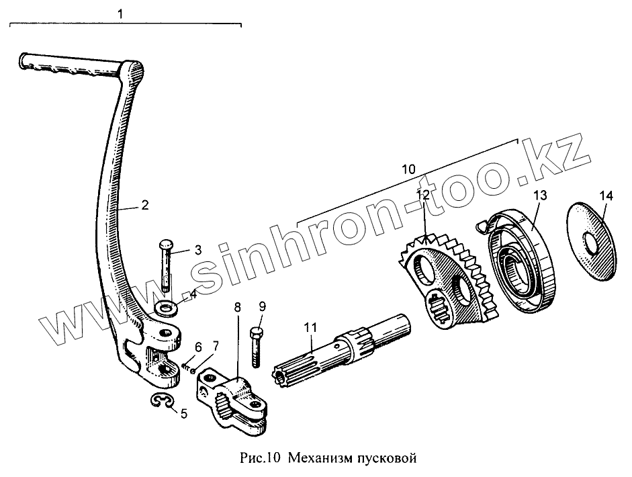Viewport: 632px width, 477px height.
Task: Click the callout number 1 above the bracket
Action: pos(120,12)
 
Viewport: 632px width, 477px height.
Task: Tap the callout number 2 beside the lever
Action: pos(146,205)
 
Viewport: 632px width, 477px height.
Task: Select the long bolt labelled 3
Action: pos(165,265)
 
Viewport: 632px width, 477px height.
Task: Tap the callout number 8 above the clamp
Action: pos(237,308)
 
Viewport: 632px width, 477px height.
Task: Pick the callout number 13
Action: pos(541,196)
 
